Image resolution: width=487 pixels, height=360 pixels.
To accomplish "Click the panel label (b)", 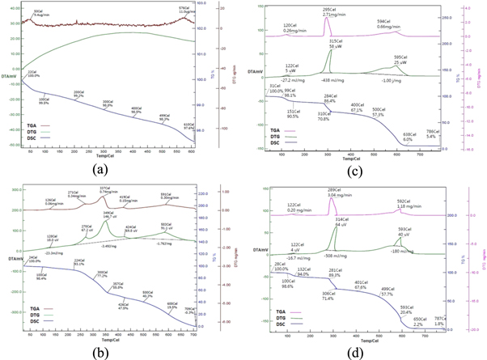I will [104, 350].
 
